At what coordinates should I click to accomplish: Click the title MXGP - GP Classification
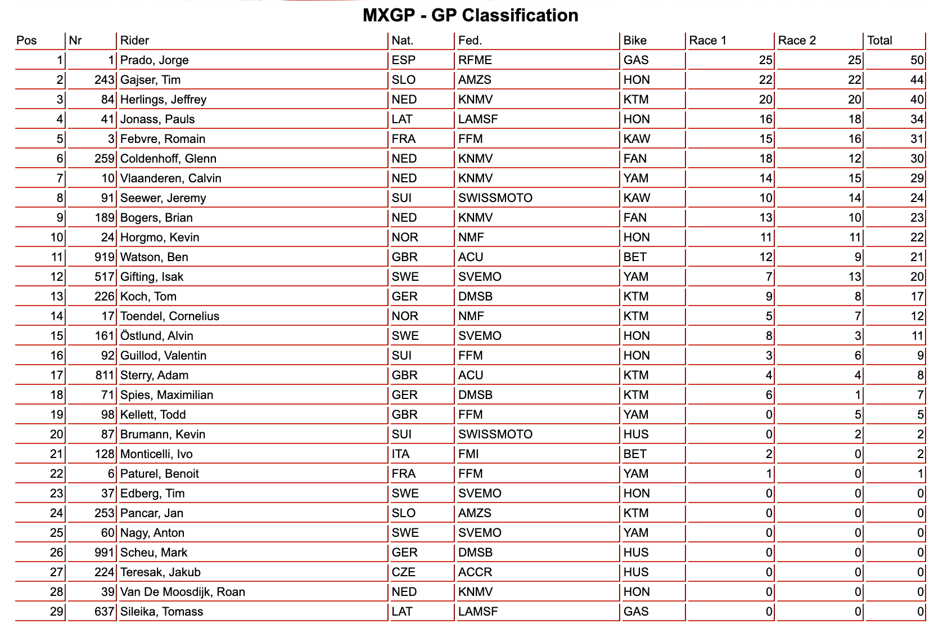470,15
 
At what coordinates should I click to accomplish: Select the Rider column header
135,41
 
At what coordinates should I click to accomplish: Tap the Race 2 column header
796,41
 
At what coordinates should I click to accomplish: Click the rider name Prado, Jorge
155,60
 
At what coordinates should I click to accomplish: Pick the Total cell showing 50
917,60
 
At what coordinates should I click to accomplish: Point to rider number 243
105,80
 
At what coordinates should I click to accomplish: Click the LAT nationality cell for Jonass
402,119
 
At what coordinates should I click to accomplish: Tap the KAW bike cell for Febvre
637,139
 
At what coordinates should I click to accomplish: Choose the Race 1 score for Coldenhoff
765,159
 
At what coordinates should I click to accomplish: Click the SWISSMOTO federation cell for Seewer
495,198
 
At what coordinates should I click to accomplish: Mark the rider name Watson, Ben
154,257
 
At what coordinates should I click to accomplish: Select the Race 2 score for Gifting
854,277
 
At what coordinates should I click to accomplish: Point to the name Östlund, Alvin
157,336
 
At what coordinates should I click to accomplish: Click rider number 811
105,375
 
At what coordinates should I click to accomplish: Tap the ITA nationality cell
400,454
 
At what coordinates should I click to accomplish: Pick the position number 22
57,474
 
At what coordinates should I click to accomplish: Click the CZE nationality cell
403,572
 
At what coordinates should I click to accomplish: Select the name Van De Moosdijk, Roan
182,592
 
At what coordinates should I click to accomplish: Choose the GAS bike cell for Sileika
636,612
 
